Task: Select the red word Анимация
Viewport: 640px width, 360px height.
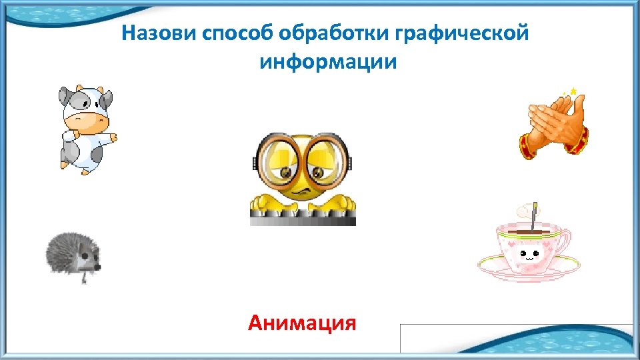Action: click(302, 323)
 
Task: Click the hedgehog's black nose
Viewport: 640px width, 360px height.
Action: click(99, 266)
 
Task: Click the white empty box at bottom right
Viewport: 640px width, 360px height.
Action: click(517, 338)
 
